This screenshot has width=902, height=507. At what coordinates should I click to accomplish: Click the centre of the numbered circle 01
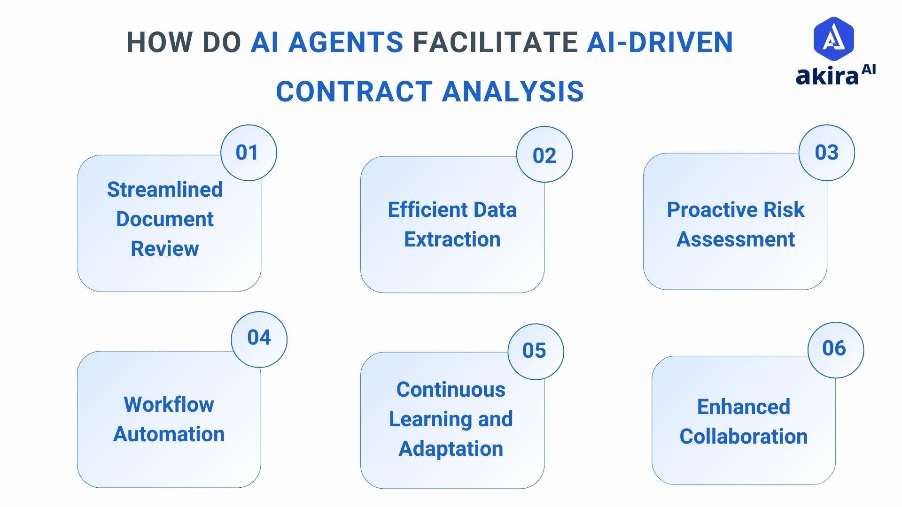click(249, 153)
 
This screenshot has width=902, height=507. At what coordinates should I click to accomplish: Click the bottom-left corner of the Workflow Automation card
click(78, 487)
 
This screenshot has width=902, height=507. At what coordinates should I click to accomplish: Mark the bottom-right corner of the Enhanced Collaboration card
click(835, 484)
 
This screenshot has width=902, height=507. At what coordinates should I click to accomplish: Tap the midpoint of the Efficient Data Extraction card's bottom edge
click(452, 292)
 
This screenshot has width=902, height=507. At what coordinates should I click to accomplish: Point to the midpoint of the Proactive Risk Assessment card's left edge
click(644, 221)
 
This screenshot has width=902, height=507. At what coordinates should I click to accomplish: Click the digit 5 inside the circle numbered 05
click(540, 351)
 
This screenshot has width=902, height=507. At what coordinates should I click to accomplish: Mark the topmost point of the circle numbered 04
click(259, 311)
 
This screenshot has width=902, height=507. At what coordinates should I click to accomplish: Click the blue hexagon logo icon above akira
click(834, 38)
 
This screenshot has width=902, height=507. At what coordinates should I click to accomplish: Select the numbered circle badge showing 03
click(827, 153)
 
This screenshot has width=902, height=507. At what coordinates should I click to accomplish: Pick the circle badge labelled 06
click(836, 350)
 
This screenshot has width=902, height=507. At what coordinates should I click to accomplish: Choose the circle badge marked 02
click(544, 154)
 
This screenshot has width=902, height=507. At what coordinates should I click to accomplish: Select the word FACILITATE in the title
click(495, 42)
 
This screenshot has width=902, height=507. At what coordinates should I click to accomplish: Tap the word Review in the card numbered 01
click(165, 249)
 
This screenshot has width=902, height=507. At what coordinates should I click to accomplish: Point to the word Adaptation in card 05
click(451, 449)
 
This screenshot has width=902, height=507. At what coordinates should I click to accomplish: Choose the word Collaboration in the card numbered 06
click(744, 437)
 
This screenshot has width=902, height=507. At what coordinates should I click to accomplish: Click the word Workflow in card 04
click(169, 405)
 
